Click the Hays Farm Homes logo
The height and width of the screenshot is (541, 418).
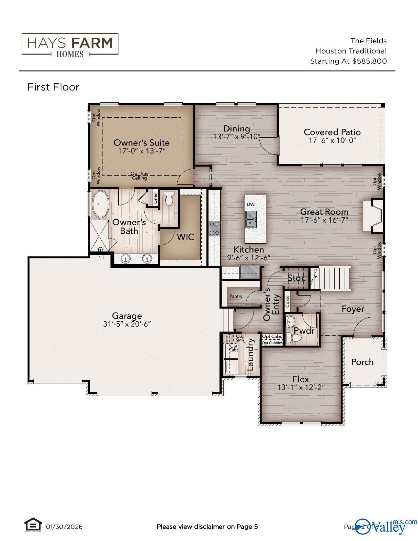tap(70, 44)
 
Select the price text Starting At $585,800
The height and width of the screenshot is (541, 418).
tap(348, 61)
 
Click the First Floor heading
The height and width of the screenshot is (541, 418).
tap(53, 87)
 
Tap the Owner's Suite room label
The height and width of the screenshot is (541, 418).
tap(141, 143)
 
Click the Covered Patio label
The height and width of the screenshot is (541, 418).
tap(332, 132)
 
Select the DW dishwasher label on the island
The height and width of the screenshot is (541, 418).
tap(250, 204)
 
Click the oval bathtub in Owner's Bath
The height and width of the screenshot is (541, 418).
tap(101, 205)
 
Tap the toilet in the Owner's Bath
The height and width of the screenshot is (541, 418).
tap(169, 199)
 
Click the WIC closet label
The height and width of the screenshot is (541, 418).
tap(186, 237)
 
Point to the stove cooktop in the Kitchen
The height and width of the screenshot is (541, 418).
tap(215, 229)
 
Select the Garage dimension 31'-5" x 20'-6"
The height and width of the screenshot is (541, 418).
tap(127, 324)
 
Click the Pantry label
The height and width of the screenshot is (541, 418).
tap(236, 296)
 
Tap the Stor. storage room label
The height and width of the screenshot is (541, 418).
tap(296, 278)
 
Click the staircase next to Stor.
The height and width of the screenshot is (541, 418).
tap(330, 278)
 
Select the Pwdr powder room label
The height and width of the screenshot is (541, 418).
tap(304, 331)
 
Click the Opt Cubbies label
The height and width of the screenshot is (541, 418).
tap(272, 343)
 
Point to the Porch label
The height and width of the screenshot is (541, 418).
tap(362, 362)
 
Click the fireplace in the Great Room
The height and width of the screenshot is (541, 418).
tap(372, 216)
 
